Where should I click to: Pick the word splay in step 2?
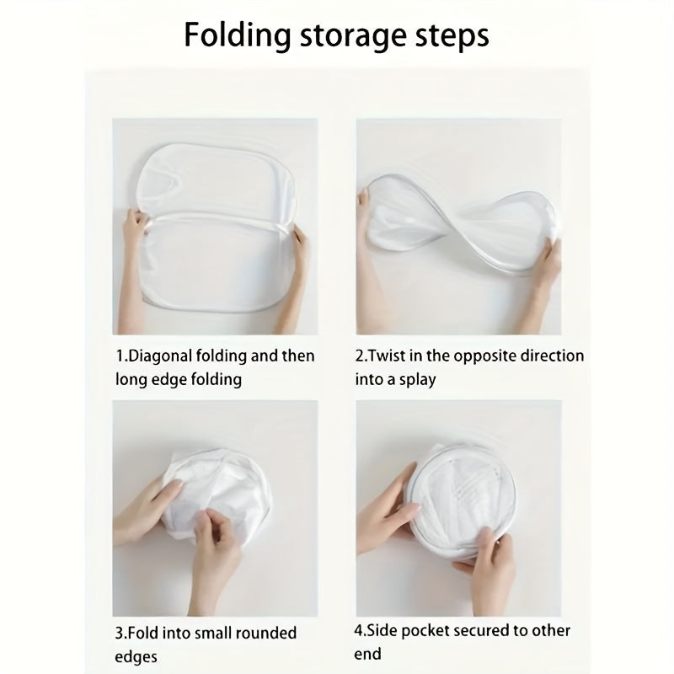point(415,380)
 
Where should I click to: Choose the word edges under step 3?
point(136,655)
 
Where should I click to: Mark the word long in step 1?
point(131,380)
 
